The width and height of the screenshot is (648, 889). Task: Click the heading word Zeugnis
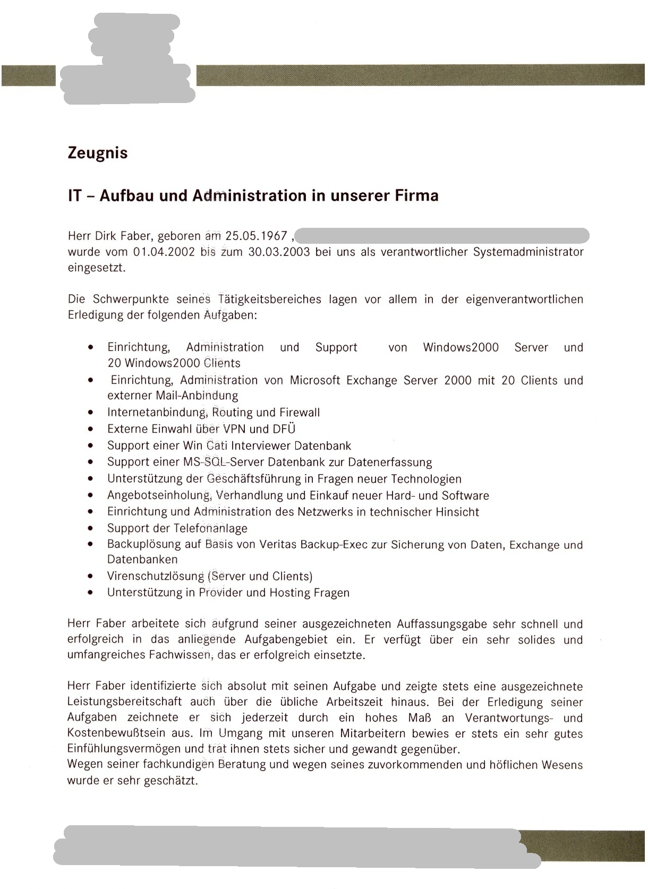98,153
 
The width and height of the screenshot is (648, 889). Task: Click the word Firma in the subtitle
416,196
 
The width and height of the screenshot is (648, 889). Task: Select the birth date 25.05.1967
256,236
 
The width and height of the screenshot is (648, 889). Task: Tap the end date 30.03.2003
279,252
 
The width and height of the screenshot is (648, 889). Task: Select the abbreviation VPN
234,429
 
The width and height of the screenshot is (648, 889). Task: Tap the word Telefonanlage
210,528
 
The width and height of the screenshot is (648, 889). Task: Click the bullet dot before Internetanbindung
92,413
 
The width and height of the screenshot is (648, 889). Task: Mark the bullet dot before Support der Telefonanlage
92,528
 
